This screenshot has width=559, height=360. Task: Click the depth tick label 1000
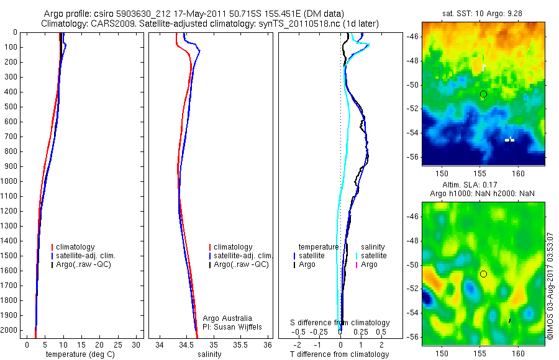pyautogui.click(x=9, y=181)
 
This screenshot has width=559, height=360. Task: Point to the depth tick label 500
pyautogui.click(x=11, y=107)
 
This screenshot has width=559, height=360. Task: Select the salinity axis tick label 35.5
pyautogui.click(x=241, y=344)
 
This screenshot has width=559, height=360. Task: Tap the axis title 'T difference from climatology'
pyautogui.click(x=339, y=354)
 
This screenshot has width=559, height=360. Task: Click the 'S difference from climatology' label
pyautogui.click(x=340, y=323)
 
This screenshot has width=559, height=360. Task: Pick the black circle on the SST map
pyautogui.click(x=483, y=94)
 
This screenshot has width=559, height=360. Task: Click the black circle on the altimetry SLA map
pyautogui.click(x=483, y=274)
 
